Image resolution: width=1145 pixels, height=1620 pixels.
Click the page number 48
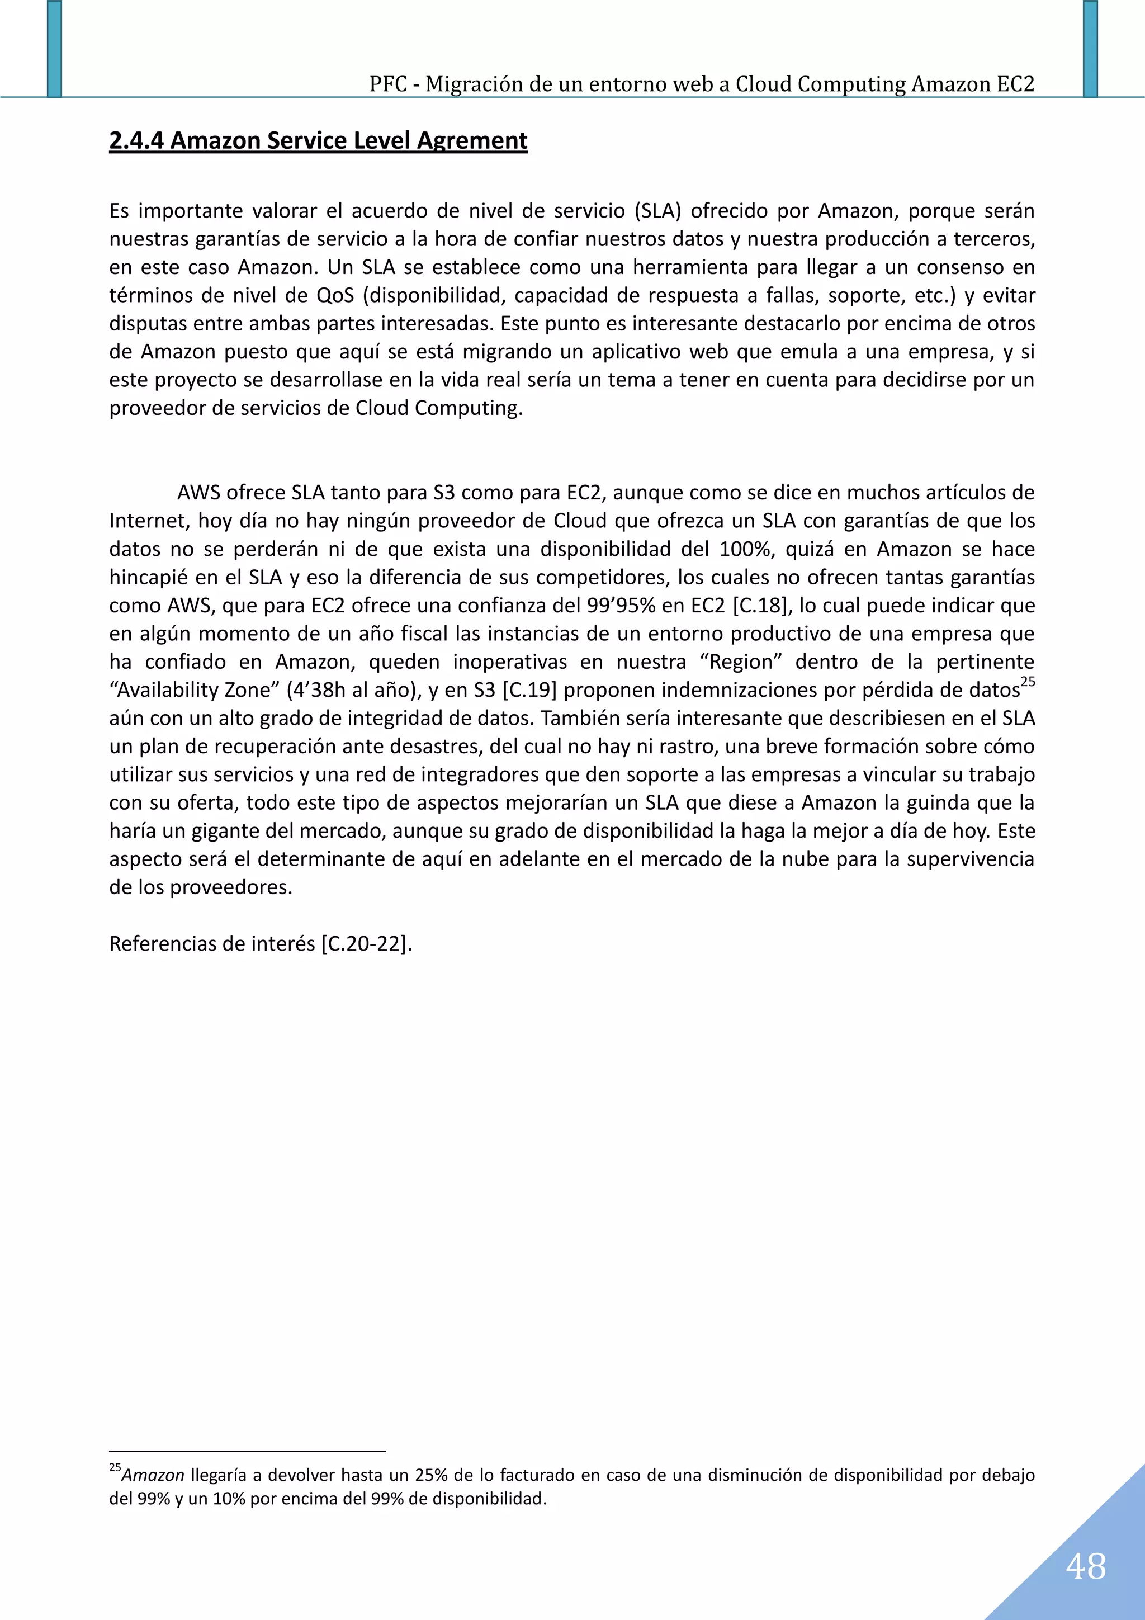pyautogui.click(x=1086, y=1566)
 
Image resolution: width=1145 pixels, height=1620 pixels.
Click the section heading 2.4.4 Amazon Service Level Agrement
pyautogui.click(x=318, y=140)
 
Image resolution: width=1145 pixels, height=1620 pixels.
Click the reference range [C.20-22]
pyautogui.click(x=366, y=944)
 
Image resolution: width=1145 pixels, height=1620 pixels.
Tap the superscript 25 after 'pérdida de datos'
pyautogui.click(x=1028, y=682)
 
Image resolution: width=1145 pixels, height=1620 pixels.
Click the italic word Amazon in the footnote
pyautogui.click(x=153, y=1475)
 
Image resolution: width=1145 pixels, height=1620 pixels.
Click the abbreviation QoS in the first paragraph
pyautogui.click(x=335, y=295)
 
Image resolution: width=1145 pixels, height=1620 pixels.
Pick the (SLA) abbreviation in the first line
pyautogui.click(x=657, y=210)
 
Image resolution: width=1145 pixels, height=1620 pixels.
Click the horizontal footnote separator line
pyautogui.click(x=247, y=1451)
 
